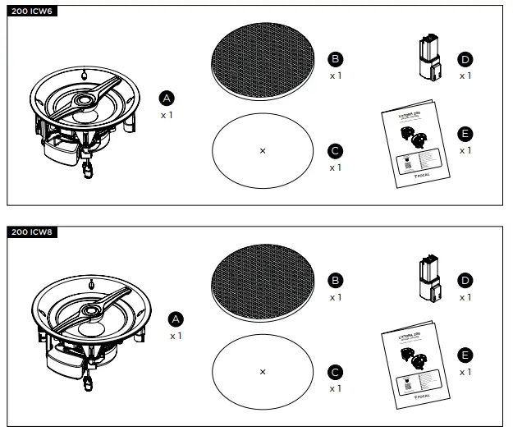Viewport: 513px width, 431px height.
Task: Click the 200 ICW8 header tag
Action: [x=30, y=232]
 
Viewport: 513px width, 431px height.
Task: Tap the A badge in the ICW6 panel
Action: [x=167, y=98]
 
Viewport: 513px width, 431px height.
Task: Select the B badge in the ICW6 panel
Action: [x=335, y=59]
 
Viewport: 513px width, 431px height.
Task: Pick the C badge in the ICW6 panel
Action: [x=335, y=151]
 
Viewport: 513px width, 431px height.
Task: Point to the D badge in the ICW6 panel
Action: [x=465, y=59]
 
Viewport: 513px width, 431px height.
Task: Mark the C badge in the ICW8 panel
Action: [x=335, y=371]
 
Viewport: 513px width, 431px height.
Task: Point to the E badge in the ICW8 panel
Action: [x=465, y=355]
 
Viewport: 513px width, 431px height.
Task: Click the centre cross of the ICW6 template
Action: [x=263, y=150]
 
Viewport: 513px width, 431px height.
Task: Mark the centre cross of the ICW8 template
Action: [x=263, y=371]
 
